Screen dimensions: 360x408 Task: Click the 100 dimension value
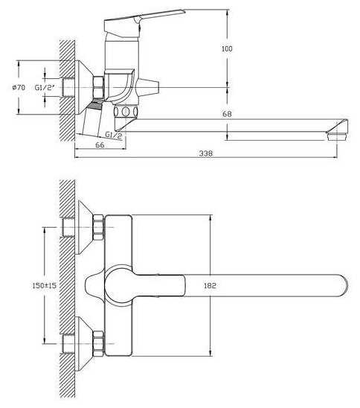[x=227, y=48]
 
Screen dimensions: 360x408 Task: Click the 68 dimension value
[x=227, y=114]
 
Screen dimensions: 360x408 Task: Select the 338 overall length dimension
[x=206, y=153]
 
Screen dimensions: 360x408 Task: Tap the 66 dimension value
[x=100, y=145]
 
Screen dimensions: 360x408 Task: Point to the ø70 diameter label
[x=19, y=87]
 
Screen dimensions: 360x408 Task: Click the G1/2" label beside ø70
[x=45, y=87]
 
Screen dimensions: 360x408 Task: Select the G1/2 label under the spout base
[x=113, y=135]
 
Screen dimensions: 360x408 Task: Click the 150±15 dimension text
[x=44, y=285]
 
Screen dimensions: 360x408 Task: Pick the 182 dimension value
[x=210, y=285]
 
